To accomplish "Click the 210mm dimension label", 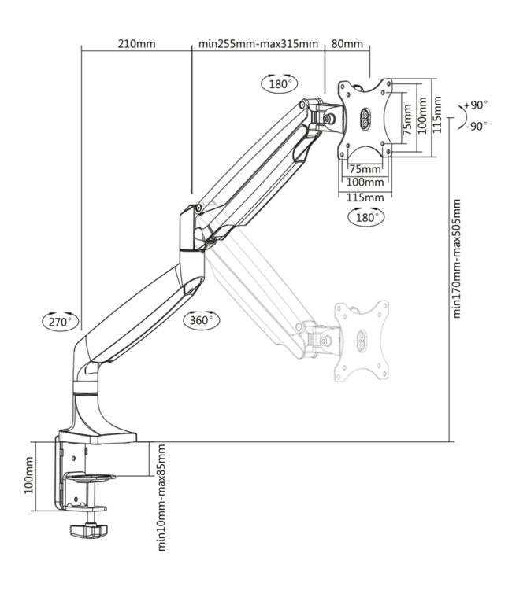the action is coord(136,44).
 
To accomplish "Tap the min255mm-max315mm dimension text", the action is coord(258,44).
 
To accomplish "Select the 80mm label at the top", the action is coord(347,44).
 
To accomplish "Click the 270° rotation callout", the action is coord(61,321).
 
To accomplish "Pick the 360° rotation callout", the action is coord(201,320).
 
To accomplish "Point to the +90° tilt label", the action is coord(476,105).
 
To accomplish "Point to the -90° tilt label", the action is coord(477,126).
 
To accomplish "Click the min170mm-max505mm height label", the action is coord(456,259).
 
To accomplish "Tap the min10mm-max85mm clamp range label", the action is coord(161,497).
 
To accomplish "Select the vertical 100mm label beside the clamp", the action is coord(28,476).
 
